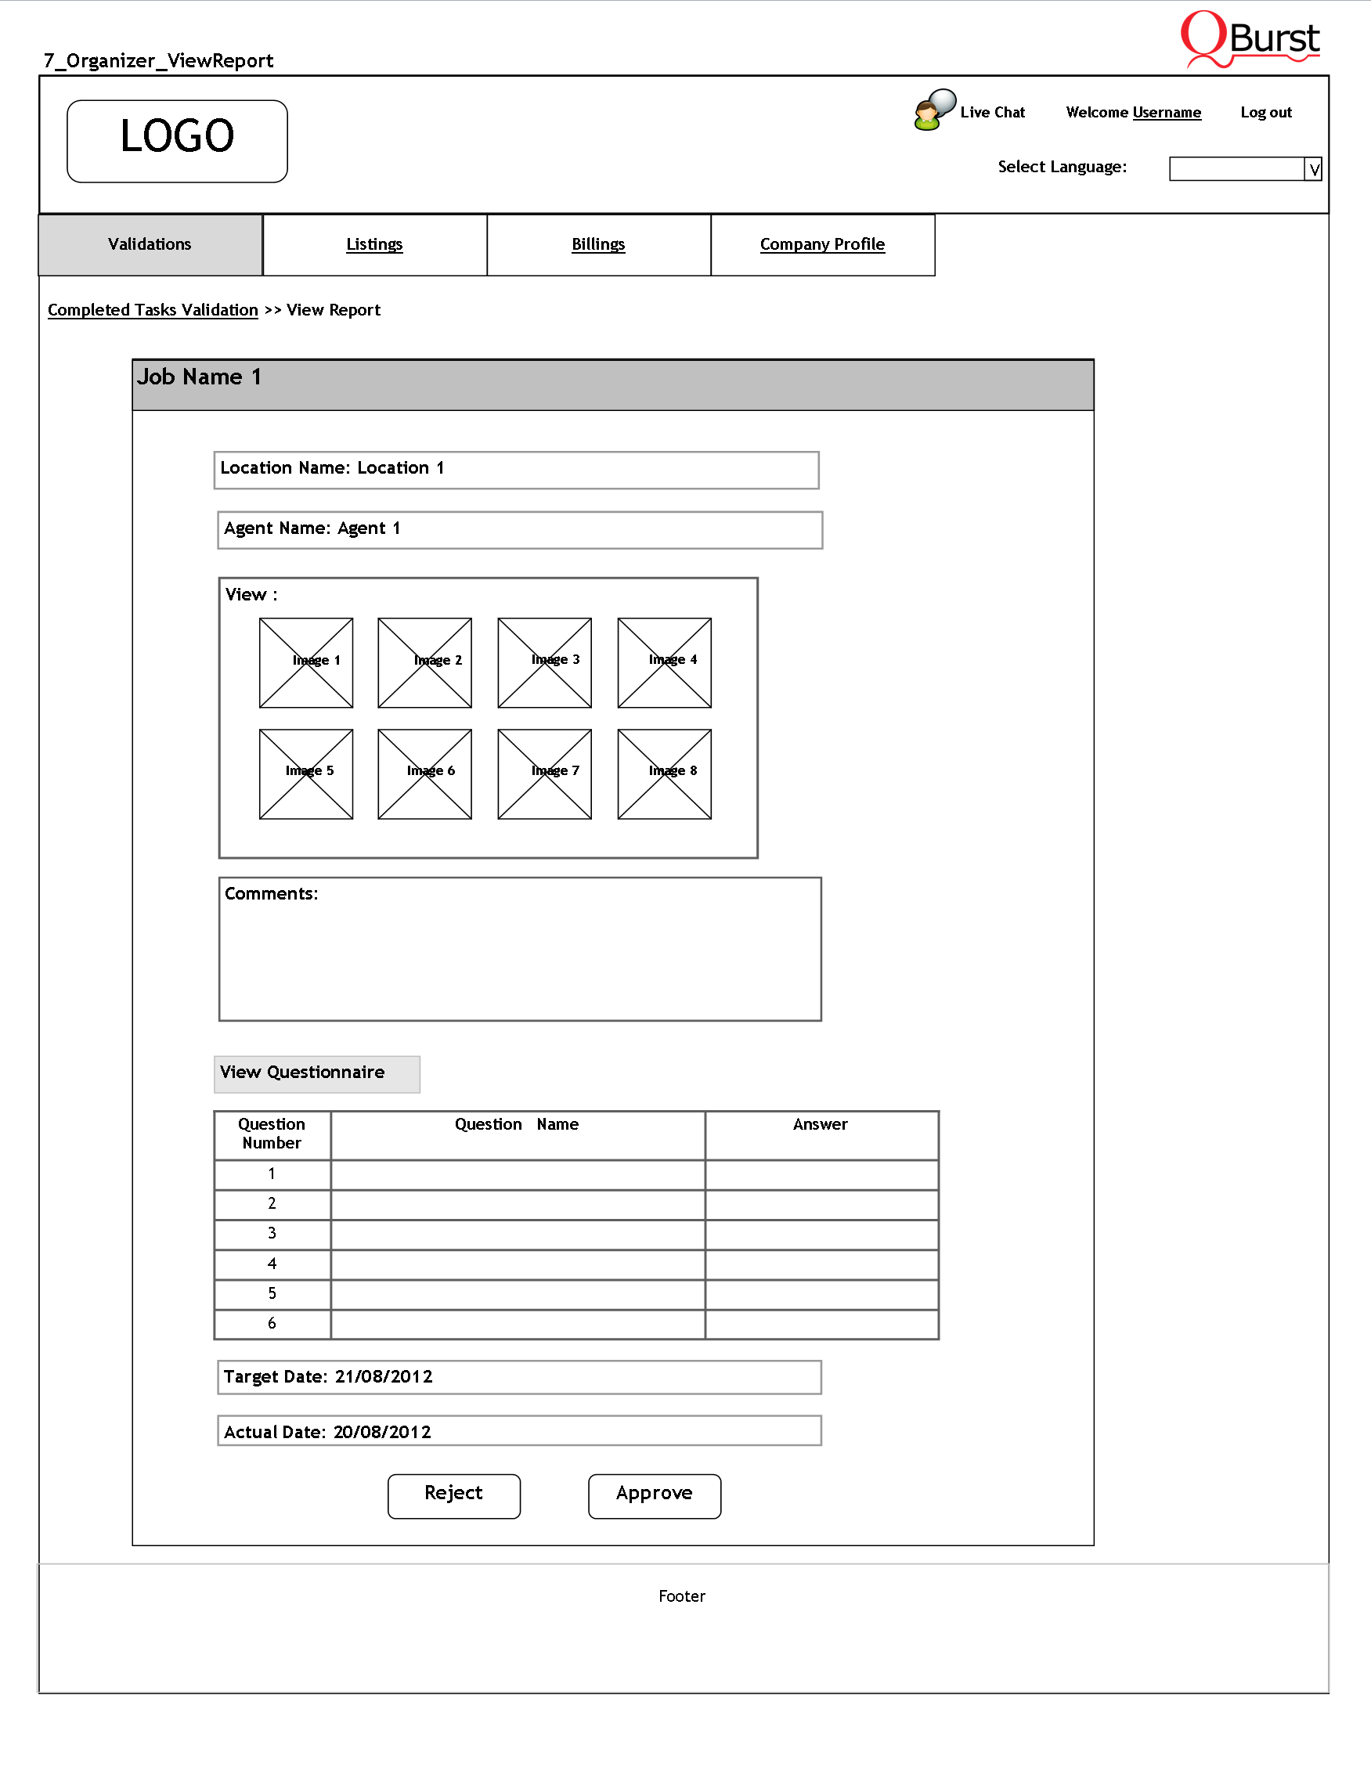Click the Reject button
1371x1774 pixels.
tap(453, 1495)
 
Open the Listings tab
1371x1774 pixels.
tap(374, 244)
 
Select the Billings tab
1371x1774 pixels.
tap(599, 244)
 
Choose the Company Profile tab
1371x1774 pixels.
tap(822, 244)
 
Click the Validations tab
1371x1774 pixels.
tap(150, 244)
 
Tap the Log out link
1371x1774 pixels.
tap(1265, 112)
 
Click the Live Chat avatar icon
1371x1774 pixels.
tap(933, 110)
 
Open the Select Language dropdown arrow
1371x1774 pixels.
tap(1312, 169)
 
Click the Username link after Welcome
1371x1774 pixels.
tap(1167, 112)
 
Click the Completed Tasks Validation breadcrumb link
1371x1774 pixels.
tap(153, 309)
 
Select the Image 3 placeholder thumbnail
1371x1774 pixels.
tap(544, 662)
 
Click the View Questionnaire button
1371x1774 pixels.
tap(317, 1073)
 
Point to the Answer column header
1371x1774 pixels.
tap(821, 1125)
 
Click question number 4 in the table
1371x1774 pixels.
tap(272, 1264)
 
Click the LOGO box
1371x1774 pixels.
tap(177, 140)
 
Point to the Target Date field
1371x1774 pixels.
tap(519, 1377)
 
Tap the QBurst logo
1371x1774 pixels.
tap(1250, 38)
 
